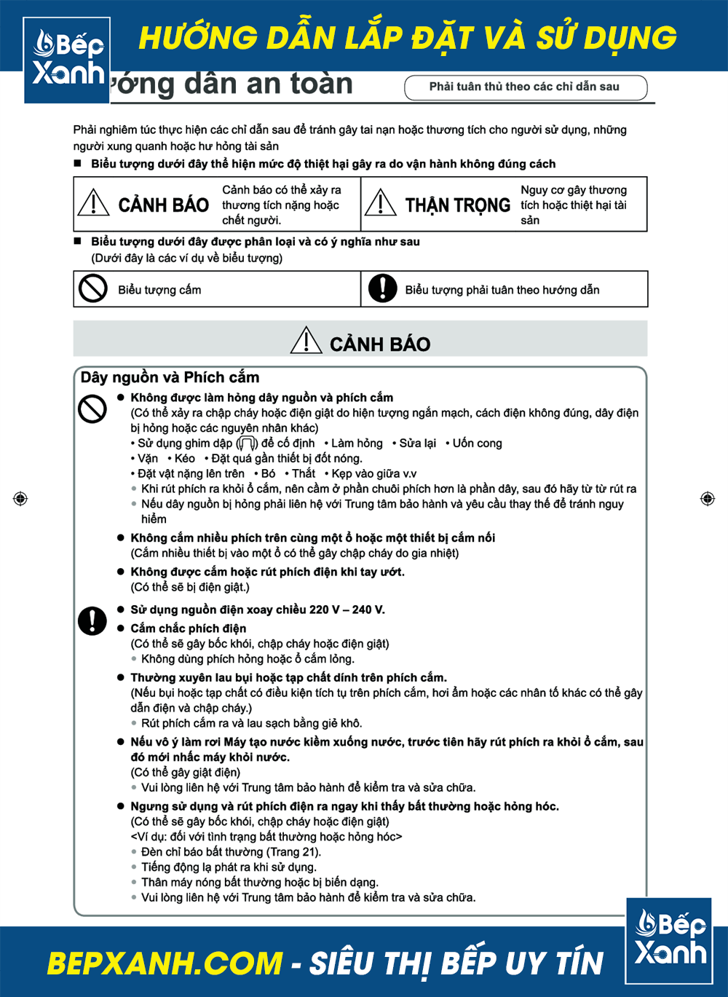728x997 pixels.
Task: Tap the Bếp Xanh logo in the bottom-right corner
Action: point(669,940)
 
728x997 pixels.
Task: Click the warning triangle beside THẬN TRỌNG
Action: point(381,202)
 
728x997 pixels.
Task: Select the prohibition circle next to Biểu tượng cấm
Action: point(93,288)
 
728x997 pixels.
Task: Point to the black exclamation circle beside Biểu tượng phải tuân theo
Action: point(383,288)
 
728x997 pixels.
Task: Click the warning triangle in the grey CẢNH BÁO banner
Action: point(306,341)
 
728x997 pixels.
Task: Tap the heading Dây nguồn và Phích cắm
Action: point(170,377)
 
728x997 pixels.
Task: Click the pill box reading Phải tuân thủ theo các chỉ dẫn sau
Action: point(525,87)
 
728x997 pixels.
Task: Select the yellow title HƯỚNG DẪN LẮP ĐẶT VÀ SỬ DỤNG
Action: point(408,38)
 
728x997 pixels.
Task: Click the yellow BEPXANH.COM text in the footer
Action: point(165,963)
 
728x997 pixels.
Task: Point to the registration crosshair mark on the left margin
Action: point(20,499)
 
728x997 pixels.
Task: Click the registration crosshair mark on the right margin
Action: point(708,499)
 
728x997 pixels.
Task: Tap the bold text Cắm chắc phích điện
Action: point(188,628)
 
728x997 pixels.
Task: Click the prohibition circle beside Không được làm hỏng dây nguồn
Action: point(92,409)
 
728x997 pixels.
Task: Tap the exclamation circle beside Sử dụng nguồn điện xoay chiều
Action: point(92,620)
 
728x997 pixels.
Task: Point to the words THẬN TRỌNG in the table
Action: point(457,205)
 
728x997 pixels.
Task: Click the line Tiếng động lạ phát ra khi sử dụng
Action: point(229,867)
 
